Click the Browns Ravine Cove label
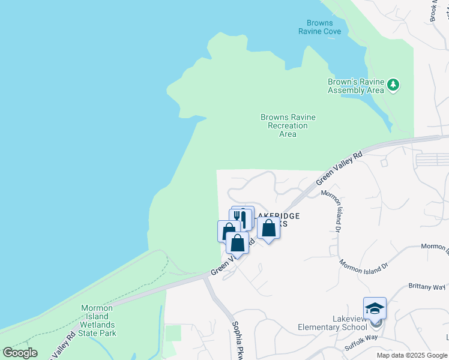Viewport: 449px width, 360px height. click(319, 27)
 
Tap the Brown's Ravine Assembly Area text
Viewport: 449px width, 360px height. click(355, 86)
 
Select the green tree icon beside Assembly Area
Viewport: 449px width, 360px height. click(393, 85)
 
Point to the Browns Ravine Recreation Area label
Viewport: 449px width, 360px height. click(288, 125)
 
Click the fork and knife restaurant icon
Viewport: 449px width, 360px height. click(243, 217)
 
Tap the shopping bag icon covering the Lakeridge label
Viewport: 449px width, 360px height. click(268, 228)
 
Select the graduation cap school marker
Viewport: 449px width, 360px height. click(375, 308)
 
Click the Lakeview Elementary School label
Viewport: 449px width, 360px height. click(333, 323)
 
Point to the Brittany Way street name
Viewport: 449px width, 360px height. click(427, 287)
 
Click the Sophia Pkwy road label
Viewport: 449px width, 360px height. click(237, 338)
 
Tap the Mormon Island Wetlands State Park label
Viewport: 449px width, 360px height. click(99, 320)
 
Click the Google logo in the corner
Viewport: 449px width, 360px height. click(20, 353)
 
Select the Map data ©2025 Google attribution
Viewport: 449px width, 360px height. click(411, 355)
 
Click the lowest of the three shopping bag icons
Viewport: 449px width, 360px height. click(237, 243)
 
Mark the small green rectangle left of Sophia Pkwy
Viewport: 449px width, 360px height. click(172, 332)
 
